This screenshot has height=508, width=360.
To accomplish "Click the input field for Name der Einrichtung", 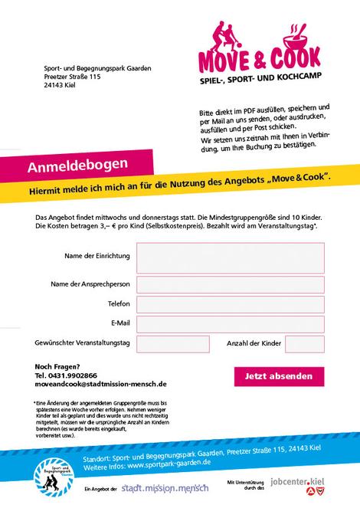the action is point(231,257).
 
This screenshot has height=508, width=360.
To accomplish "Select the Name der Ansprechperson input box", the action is point(231,284).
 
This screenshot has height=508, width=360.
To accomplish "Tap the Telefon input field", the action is point(231,304).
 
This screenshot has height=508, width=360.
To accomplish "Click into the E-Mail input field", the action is point(231,323).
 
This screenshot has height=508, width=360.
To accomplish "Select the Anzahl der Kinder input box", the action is point(304,344).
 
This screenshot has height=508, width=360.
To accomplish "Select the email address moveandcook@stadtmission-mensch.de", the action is point(100,384).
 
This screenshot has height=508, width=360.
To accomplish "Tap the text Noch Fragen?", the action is point(57,366).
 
